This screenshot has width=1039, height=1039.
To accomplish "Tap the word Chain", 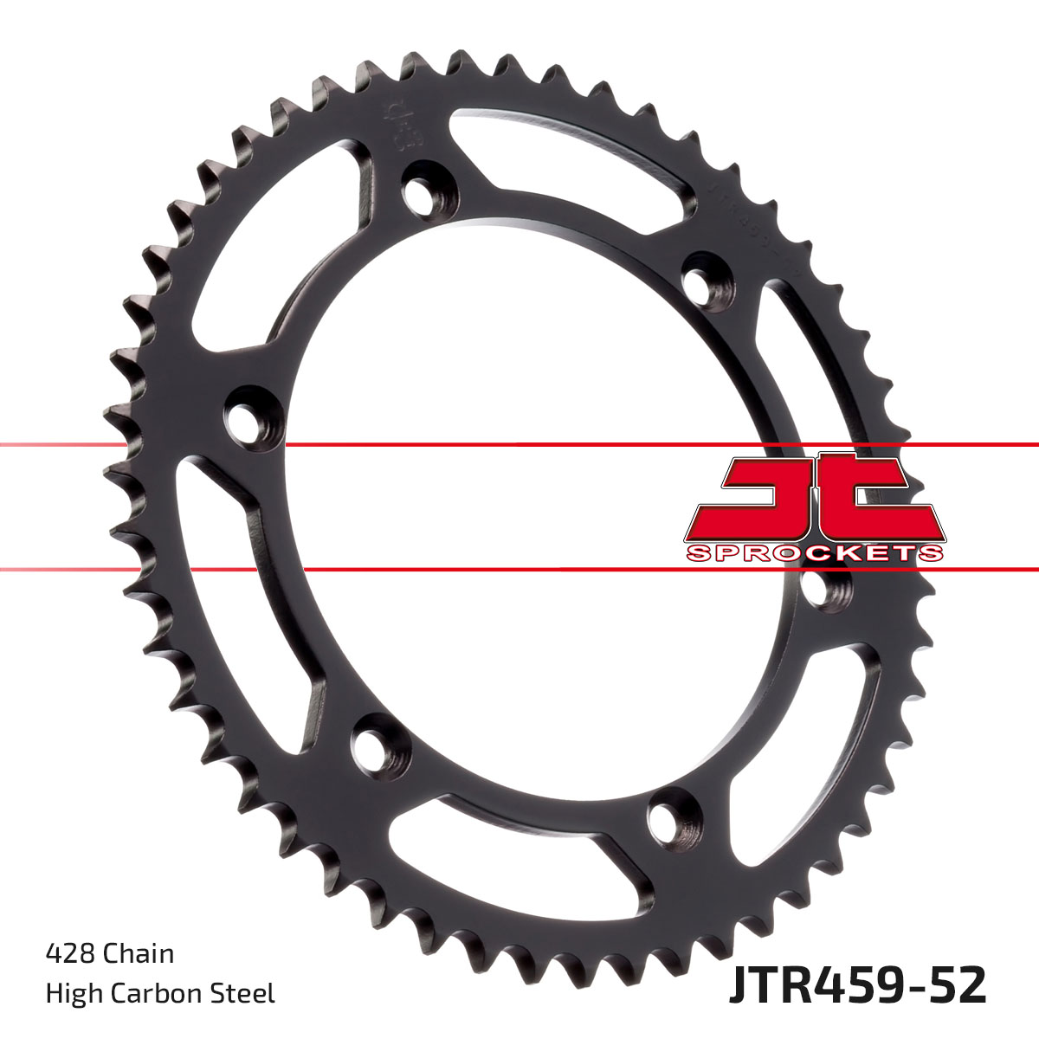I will [139, 954].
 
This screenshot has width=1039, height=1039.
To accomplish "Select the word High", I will [71, 993].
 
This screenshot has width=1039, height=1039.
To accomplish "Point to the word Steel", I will [245, 993].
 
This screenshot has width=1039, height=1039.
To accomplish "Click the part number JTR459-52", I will [857, 986].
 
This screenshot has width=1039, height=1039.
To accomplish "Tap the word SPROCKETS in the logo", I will [814, 553].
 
